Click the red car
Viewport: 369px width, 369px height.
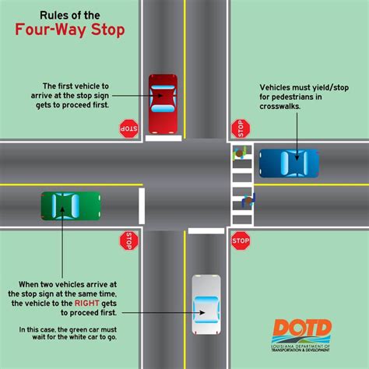pyautogui.click(x=163, y=103)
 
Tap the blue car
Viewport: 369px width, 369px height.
pyautogui.click(x=289, y=164)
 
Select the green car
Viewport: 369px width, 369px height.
pyautogui.click(x=71, y=206)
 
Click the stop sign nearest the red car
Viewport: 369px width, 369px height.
pyautogui.click(x=128, y=128)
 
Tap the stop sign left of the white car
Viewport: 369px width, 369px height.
pyautogui.click(x=128, y=241)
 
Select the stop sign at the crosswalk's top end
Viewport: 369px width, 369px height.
pyautogui.click(x=241, y=128)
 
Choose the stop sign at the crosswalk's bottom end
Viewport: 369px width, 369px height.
pyautogui.click(x=241, y=241)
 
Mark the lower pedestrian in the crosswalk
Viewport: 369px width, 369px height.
pyautogui.click(x=248, y=201)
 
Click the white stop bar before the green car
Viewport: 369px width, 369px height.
pyautogui.click(x=141, y=206)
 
